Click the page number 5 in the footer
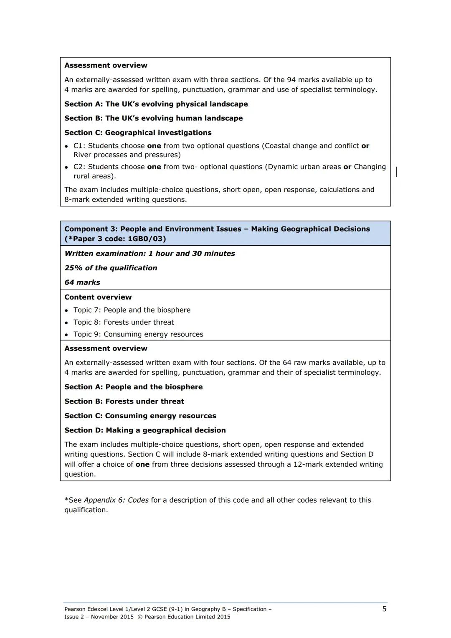384,609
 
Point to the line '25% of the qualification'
111,268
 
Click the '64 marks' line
82,282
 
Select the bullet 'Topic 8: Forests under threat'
124,322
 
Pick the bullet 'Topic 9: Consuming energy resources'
138,334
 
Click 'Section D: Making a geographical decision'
145,430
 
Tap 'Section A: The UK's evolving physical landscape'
156,104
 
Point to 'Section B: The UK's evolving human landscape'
153,118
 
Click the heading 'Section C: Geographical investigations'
138,132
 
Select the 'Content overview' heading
98,297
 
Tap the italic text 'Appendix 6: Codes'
116,500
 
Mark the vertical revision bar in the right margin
396,171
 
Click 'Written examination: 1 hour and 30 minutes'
149,254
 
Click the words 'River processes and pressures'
127,155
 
